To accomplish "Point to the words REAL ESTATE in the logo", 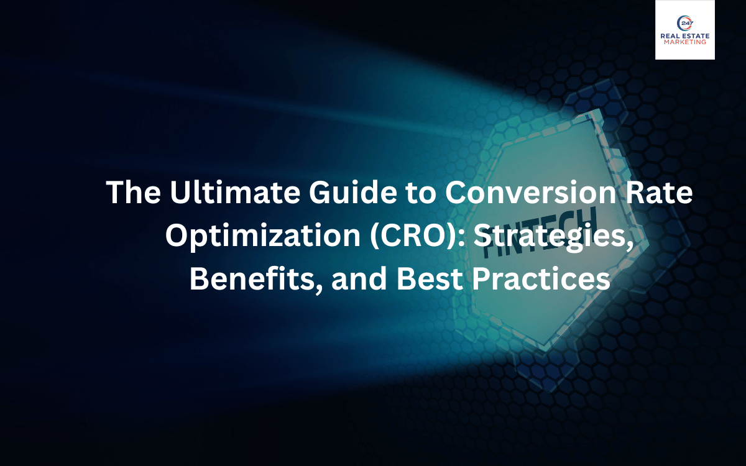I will pyautogui.click(x=684, y=37).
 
